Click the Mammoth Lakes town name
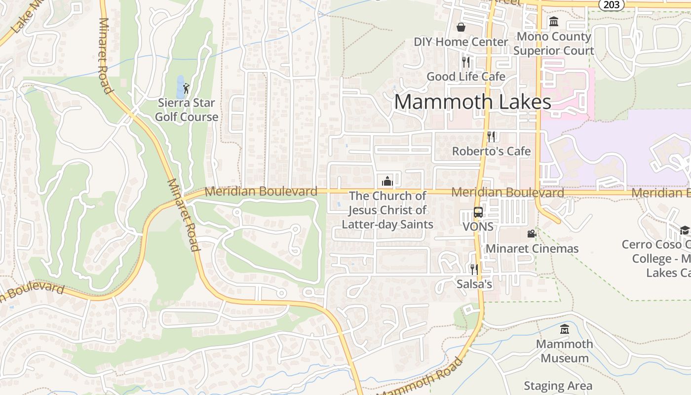472,102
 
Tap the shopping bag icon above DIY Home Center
461,27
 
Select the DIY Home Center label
461,42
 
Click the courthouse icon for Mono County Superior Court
553,22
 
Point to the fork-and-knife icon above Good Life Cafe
465,62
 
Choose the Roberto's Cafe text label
491,151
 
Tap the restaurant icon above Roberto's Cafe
491,136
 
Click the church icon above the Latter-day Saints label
387,181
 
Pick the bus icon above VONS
478,212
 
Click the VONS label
478,227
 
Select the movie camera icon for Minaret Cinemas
532,234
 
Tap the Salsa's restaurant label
474,284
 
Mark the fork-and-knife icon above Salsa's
474,269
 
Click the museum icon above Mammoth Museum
564,329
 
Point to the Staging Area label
558,386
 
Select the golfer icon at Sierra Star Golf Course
186,88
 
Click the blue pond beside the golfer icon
180,87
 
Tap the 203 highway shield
612,4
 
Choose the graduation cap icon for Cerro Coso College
684,230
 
